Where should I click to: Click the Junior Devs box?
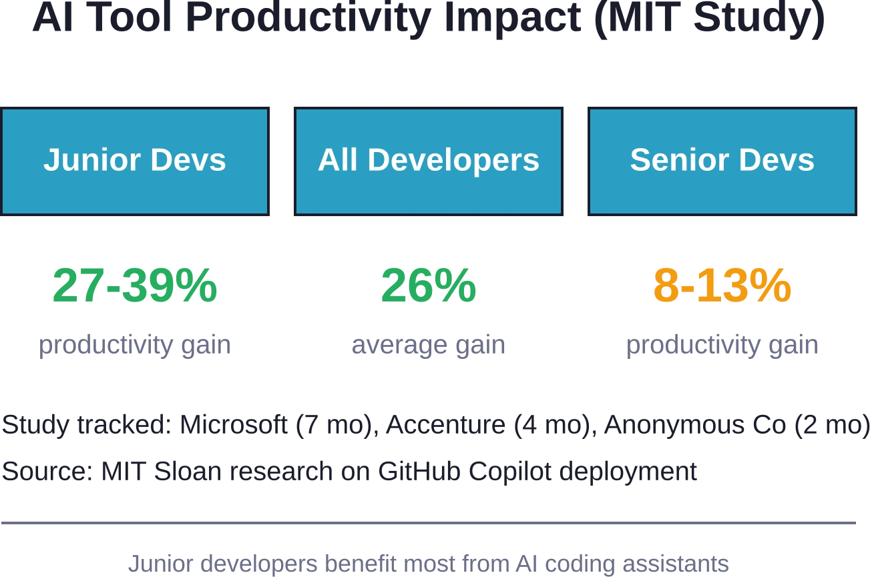click(134, 161)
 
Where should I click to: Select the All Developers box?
click(429, 161)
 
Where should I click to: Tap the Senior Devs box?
click(722, 161)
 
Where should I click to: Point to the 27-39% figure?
click(134, 285)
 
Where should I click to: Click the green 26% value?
click(429, 285)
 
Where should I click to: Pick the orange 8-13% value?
click(722, 285)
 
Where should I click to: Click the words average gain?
click(429, 345)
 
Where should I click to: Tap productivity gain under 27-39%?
click(134, 345)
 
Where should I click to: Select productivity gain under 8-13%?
click(722, 345)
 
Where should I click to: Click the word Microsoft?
click(234, 424)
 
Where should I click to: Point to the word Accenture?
click(446, 424)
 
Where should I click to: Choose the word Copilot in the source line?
click(510, 472)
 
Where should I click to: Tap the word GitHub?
click(419, 471)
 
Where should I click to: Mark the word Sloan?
click(188, 471)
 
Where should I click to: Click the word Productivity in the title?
click(308, 18)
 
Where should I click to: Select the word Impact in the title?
click(513, 18)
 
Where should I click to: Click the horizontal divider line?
click(429, 523)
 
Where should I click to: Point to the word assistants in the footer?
click(676, 564)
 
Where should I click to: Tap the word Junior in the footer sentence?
click(161, 564)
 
